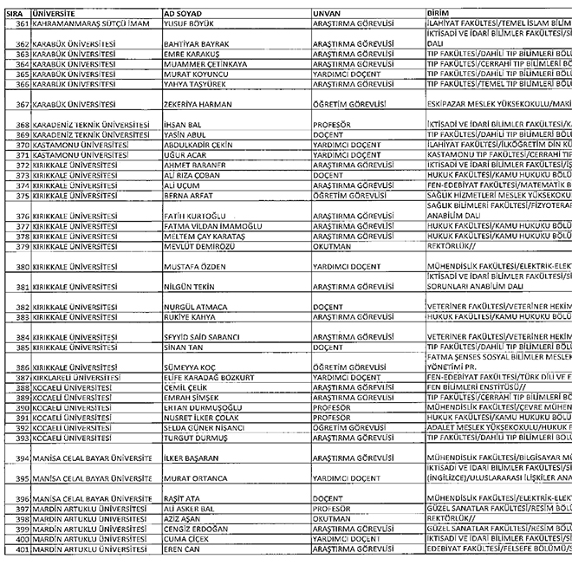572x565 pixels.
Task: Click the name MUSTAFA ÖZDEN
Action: pyautogui.click(x=195, y=267)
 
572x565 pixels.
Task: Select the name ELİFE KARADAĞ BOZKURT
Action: pyautogui.click(x=209, y=378)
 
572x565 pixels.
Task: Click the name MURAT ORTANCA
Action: pyautogui.click(x=197, y=477)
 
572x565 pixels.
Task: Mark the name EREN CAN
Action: pyautogui.click(x=184, y=549)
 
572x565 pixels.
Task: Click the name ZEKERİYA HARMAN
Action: pyautogui.click(x=201, y=104)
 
